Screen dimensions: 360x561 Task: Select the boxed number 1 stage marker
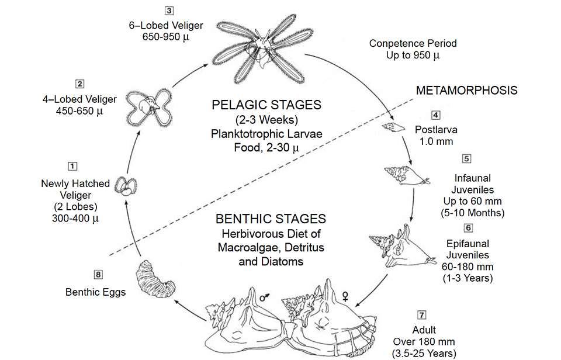pyautogui.click(x=72, y=167)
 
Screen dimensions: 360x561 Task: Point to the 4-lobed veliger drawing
pyautogui.click(x=149, y=107)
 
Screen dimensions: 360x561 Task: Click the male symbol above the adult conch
pyautogui.click(x=266, y=297)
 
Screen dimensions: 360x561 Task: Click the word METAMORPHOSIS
pyautogui.click(x=466, y=91)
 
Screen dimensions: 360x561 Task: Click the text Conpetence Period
pyautogui.click(x=413, y=43)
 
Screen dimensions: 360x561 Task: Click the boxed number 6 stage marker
pyautogui.click(x=468, y=228)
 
